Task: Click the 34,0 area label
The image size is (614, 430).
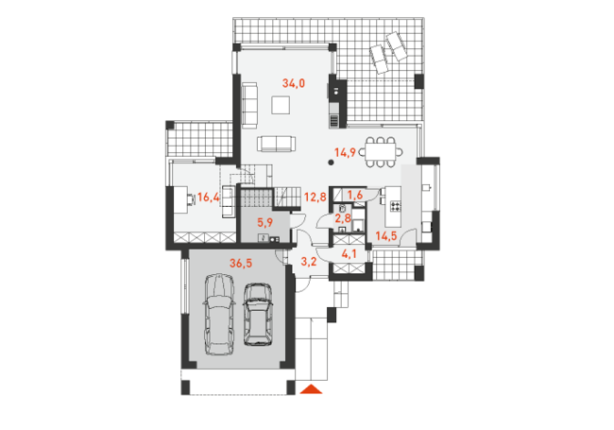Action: (x=294, y=83)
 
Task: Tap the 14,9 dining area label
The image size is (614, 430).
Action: (x=345, y=152)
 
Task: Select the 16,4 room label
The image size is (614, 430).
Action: (x=209, y=197)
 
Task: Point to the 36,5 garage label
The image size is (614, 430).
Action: (x=241, y=263)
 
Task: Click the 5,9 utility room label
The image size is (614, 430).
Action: (x=265, y=223)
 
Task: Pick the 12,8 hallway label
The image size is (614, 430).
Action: (x=316, y=197)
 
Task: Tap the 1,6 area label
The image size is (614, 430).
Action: (x=355, y=195)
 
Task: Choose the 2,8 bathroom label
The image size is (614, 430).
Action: (x=343, y=217)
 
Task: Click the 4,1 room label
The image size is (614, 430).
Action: (x=349, y=254)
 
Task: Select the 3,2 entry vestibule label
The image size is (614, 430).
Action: (x=309, y=261)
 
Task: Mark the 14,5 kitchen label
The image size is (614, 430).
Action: (x=386, y=235)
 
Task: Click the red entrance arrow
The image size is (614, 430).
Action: (x=312, y=388)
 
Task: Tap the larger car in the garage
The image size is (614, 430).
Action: (x=219, y=315)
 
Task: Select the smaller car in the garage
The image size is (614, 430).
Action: (x=258, y=315)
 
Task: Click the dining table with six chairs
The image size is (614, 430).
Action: (x=381, y=152)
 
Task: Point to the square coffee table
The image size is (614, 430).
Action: (x=281, y=105)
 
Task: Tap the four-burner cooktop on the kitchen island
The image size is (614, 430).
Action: (x=396, y=206)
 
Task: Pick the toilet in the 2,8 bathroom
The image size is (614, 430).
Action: (x=342, y=208)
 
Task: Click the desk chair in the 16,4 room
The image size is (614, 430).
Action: (x=191, y=199)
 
